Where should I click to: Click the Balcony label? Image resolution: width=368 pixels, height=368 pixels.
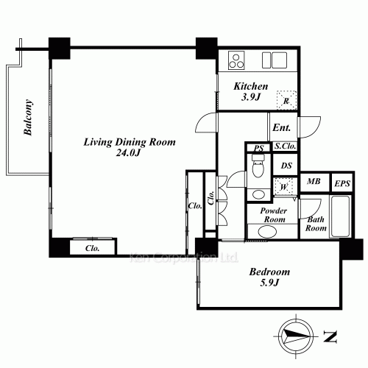[28, 117]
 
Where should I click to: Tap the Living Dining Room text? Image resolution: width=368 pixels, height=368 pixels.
[130, 142]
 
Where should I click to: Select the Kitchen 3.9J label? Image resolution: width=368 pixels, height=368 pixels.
[251, 91]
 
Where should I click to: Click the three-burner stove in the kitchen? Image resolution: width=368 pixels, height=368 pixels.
[236, 60]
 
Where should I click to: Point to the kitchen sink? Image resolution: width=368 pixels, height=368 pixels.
[275, 60]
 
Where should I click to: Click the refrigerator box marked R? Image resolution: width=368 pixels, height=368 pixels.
[286, 100]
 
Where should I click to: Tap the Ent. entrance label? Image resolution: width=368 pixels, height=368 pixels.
[281, 127]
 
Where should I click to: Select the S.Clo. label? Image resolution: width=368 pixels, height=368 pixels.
[285, 146]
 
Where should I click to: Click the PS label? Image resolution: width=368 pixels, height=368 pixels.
[258, 148]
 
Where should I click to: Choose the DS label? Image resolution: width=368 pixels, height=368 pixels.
[286, 166]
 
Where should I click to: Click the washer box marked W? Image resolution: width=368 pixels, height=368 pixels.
[284, 187]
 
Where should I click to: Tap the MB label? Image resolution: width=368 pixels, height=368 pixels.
[314, 181]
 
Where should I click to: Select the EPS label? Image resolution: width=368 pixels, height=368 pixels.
[342, 183]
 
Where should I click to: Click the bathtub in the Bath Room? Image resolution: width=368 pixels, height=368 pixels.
[340, 216]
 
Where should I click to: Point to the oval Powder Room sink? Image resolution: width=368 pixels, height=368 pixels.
[267, 231]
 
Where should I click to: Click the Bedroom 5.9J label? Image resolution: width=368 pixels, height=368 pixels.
[269, 277]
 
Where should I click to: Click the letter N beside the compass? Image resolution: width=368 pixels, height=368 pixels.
[330, 336]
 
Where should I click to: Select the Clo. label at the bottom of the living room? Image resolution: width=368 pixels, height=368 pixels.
[93, 248]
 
